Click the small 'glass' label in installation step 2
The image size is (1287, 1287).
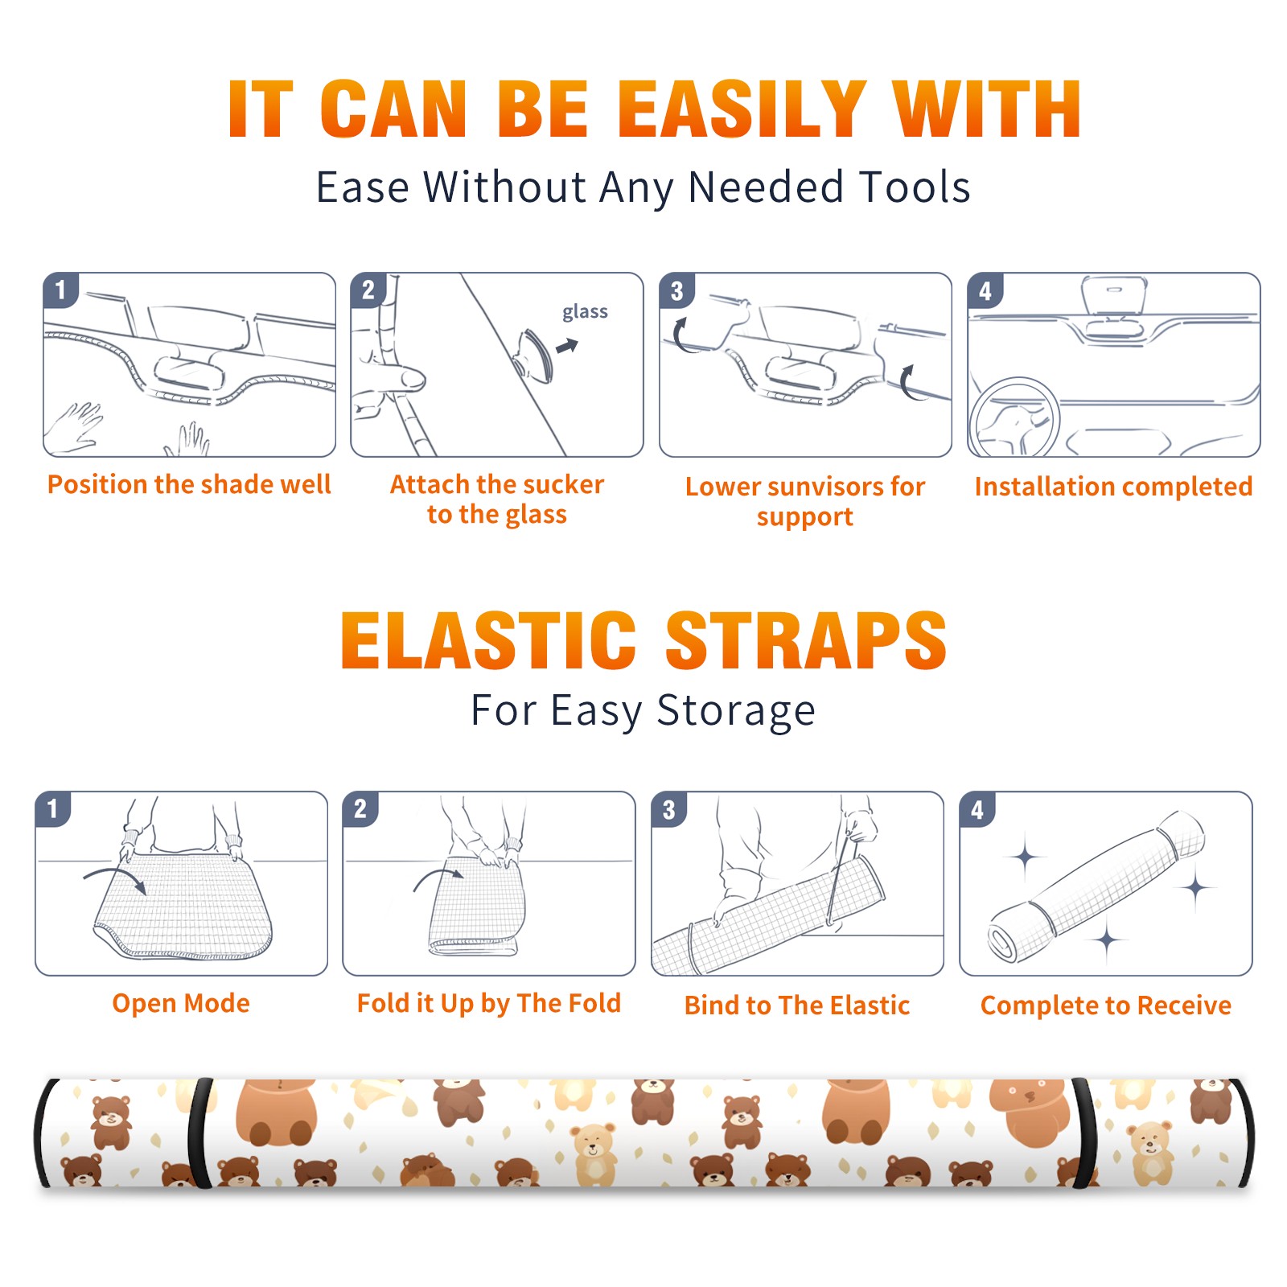pos(585,312)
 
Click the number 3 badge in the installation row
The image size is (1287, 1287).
pos(676,290)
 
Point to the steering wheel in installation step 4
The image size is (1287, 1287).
pos(1014,417)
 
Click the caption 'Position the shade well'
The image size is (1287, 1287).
pos(189,484)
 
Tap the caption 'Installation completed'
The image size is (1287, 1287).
pos(1113,486)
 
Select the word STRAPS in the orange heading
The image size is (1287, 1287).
pos(806,640)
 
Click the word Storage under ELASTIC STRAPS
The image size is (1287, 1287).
pos(736,711)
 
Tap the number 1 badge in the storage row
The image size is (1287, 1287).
pos(53,808)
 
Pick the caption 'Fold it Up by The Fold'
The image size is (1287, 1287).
pos(489,1003)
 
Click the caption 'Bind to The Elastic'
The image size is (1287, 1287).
pos(797,1005)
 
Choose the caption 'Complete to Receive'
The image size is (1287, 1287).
pos(1106,1005)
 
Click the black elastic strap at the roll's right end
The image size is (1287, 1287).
pos(1086,1133)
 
